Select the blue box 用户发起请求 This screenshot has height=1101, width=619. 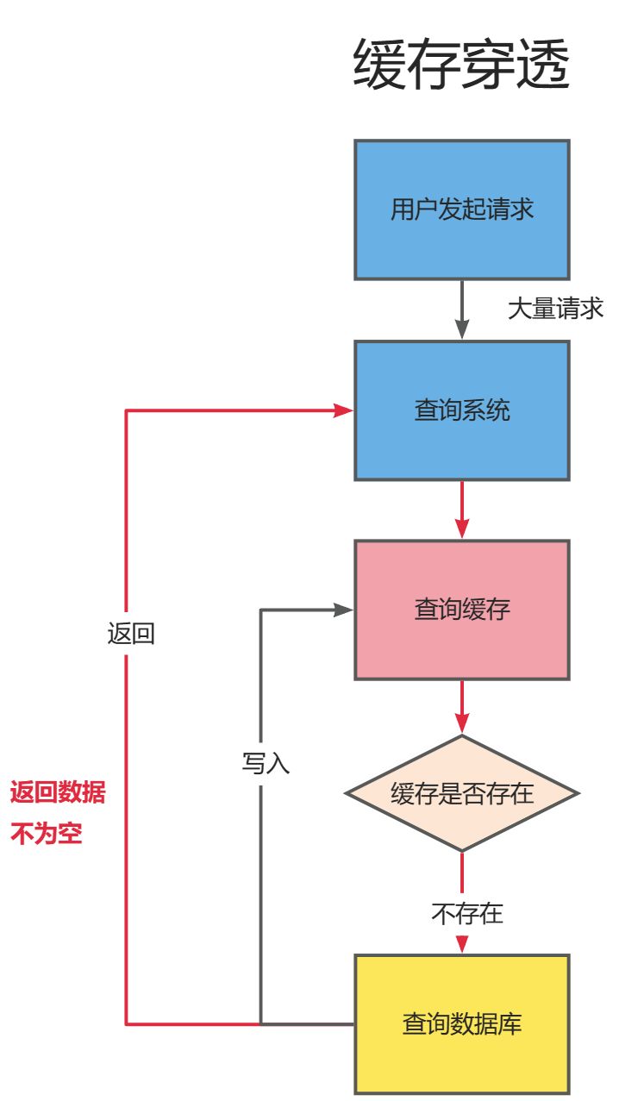461,210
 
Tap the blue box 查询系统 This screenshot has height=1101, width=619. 461,410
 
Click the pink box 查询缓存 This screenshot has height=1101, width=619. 461,610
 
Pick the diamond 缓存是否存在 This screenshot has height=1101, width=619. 461,793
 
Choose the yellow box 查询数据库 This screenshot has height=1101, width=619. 461,1024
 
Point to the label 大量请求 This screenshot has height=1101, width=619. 555,309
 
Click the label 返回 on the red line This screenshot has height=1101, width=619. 131,635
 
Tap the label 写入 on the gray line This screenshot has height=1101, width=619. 266,763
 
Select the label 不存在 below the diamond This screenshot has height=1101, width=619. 466,913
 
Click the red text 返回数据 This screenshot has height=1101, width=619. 58,792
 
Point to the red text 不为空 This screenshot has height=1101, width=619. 46,834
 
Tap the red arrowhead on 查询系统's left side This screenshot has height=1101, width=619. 344,410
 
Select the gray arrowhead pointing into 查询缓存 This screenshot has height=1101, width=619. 344,610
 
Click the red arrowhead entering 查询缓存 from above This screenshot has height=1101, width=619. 462,529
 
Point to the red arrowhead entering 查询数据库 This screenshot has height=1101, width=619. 462,944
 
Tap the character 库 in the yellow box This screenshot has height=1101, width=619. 510,1024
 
